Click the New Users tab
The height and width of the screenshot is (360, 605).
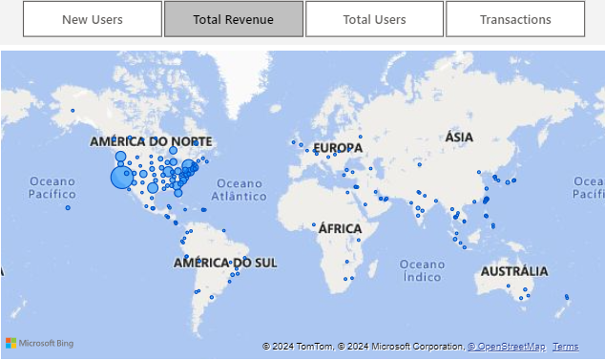[93, 19]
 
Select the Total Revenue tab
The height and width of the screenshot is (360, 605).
[233, 19]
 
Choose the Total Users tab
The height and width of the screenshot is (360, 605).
[374, 19]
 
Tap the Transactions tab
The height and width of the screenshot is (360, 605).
[515, 19]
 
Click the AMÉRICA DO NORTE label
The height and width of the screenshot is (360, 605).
[151, 141]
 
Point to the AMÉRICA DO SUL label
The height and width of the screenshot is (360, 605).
[225, 262]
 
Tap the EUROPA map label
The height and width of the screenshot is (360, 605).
[338, 148]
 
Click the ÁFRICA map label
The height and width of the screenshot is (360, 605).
[340, 228]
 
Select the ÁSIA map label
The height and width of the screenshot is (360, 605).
[459, 138]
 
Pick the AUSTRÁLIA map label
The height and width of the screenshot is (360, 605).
[514, 272]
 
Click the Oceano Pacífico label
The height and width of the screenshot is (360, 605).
[52, 187]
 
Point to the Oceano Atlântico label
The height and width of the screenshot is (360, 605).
[239, 189]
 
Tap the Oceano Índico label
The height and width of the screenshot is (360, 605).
[422, 270]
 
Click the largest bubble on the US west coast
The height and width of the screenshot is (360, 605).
[122, 178]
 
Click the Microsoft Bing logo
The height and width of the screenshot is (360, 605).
[39, 343]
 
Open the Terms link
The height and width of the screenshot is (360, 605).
[565, 347]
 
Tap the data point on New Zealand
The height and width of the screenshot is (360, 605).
[567, 297]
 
